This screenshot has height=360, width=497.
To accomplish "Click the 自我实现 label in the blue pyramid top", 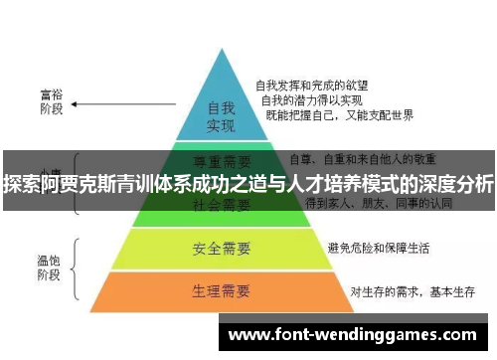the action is (221, 116).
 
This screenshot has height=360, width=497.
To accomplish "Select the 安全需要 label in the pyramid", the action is (221, 246).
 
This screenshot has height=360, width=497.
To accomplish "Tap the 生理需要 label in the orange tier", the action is (221, 291).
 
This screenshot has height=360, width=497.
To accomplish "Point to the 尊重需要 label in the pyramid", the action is (221, 159).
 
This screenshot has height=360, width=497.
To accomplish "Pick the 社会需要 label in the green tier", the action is (221, 205).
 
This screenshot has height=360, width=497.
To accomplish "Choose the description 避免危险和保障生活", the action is (372, 246).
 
